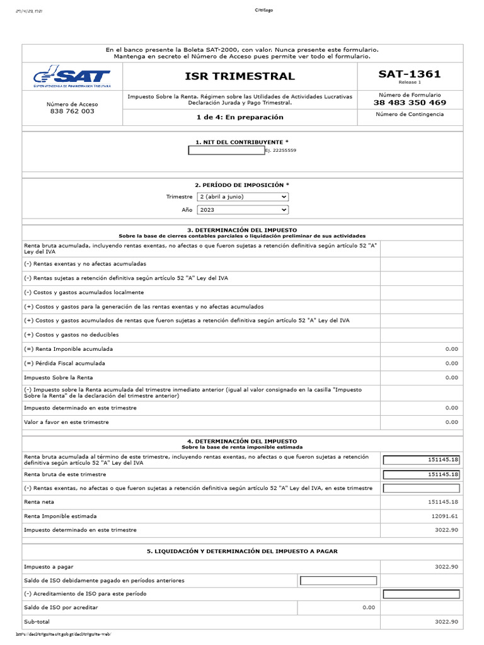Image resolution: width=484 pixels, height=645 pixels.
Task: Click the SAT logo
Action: [x=72, y=77]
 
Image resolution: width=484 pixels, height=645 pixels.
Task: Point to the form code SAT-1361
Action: [x=410, y=74]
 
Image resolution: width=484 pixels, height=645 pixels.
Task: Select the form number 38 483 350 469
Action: [x=410, y=103]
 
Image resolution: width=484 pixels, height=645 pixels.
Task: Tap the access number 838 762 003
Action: [x=72, y=111]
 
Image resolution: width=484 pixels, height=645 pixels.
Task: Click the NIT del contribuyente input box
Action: [x=226, y=151]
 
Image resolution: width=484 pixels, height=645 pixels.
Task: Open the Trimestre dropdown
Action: [x=243, y=197]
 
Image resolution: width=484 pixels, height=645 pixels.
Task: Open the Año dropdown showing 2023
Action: [x=243, y=210]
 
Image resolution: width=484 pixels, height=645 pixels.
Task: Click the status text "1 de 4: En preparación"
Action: [x=240, y=117]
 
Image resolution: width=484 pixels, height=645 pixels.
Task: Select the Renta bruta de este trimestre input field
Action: [x=421, y=474]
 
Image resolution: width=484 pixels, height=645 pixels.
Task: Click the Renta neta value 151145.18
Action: [x=442, y=502]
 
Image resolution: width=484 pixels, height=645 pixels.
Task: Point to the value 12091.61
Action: [x=445, y=516]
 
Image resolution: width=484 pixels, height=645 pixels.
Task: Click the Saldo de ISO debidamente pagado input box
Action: [x=338, y=581]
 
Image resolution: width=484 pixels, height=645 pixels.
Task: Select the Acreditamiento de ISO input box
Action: [x=421, y=594]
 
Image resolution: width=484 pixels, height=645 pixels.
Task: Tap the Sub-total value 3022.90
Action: [x=446, y=622]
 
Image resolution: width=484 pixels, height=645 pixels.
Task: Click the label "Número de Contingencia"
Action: [x=410, y=114]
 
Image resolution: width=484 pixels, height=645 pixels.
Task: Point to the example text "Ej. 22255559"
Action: [x=280, y=151]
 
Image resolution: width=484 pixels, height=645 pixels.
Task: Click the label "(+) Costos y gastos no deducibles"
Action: [x=71, y=334]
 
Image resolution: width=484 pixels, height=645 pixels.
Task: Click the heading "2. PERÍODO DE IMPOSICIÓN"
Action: [x=242, y=185]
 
